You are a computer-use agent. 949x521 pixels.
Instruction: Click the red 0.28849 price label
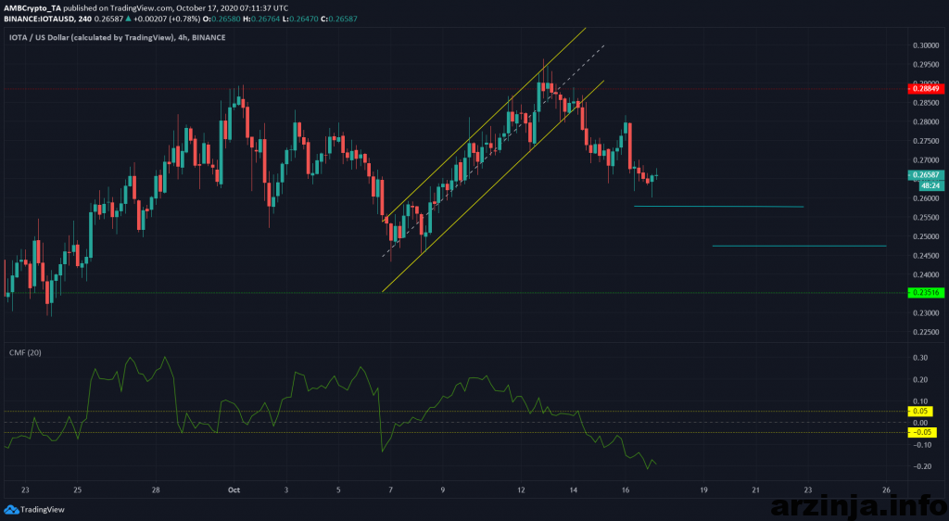tap(926, 89)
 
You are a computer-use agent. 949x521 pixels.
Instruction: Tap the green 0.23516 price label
tap(926, 292)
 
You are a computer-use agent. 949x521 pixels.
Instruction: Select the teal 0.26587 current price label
tap(926, 173)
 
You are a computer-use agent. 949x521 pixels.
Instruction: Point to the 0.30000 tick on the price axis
tap(923, 44)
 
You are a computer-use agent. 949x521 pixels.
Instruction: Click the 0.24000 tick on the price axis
tap(923, 274)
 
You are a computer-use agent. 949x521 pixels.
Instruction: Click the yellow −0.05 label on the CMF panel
tap(923, 432)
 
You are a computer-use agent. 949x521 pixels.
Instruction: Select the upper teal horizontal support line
tap(718, 206)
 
